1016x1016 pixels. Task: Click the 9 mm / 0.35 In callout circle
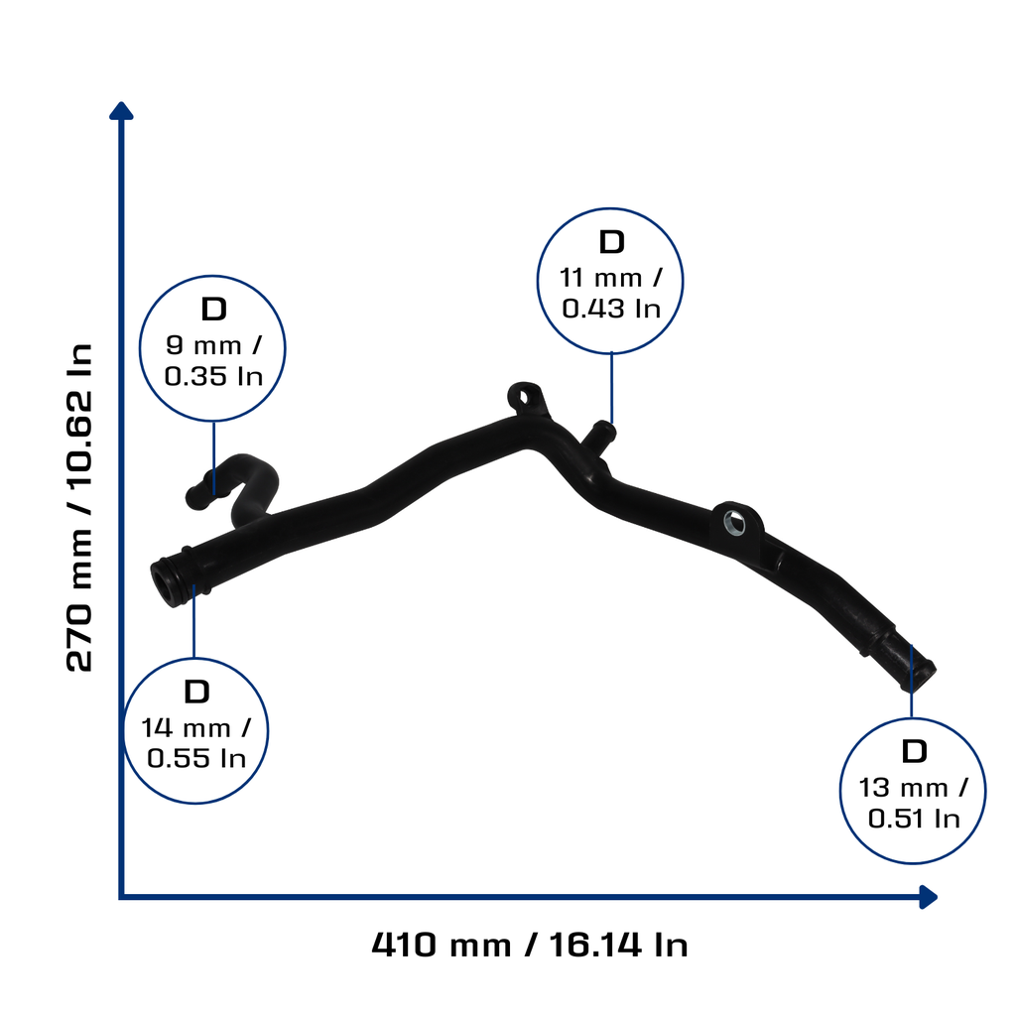212,278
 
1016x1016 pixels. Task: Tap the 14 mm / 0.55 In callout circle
195,660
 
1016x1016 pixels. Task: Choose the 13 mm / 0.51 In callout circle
913,719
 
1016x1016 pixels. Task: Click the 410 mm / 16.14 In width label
530,945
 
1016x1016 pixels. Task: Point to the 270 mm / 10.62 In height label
79,507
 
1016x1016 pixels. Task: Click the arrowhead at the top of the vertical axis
121,110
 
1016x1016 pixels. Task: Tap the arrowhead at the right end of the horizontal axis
929,897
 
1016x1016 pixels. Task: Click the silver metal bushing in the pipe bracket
734,522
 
